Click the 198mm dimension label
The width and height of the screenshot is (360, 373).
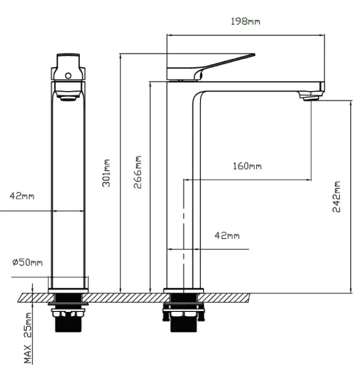(246, 22)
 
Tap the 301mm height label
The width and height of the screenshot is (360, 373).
(106, 173)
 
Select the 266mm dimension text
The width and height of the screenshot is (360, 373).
(137, 172)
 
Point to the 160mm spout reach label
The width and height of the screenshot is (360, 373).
(247, 166)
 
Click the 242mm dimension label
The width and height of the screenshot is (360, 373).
(336, 196)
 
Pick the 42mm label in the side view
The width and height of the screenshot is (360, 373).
(227, 235)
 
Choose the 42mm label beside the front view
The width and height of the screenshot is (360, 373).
(22, 196)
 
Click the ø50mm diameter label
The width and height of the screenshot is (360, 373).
(28, 262)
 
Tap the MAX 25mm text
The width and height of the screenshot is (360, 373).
(28, 338)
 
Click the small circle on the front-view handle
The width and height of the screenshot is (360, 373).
(68, 75)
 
